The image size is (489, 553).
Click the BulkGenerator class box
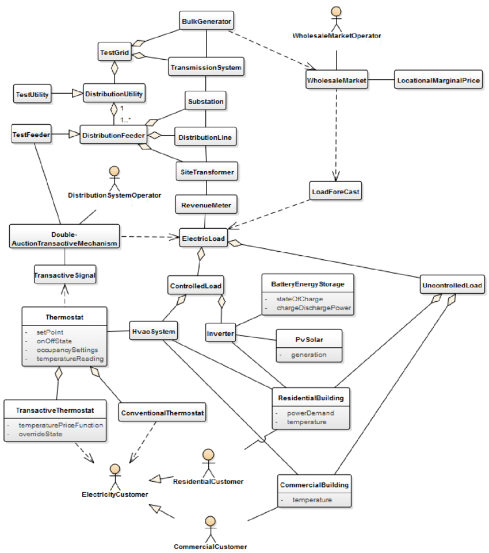pos(207,21)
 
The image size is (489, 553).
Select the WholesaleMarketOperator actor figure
pos(337,19)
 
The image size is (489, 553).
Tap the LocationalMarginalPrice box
pos(438,80)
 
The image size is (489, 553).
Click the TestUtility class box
pos(32,94)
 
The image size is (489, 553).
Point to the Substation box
pos(205,101)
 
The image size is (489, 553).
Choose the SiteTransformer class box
pos(207,172)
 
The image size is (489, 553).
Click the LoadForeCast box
pos(335,191)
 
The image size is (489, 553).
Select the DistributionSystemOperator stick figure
pos(114,178)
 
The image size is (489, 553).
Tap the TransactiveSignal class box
pos(65,275)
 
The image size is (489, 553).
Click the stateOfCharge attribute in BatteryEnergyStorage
pos(299,299)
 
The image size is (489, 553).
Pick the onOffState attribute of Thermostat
pos(54,341)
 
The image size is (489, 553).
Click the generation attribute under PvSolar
pos(308,355)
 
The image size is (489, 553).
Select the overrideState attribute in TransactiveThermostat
pos(40,434)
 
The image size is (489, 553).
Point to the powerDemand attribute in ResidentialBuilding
pos(310,413)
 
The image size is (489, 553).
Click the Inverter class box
pos(220,333)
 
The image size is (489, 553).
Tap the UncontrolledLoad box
pos(452,285)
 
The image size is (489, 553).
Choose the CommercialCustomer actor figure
pos(211,529)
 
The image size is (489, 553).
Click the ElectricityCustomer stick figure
pos(114,477)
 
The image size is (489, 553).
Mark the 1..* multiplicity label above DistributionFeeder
pos(125,120)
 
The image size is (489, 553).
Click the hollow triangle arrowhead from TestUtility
pos(77,93)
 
